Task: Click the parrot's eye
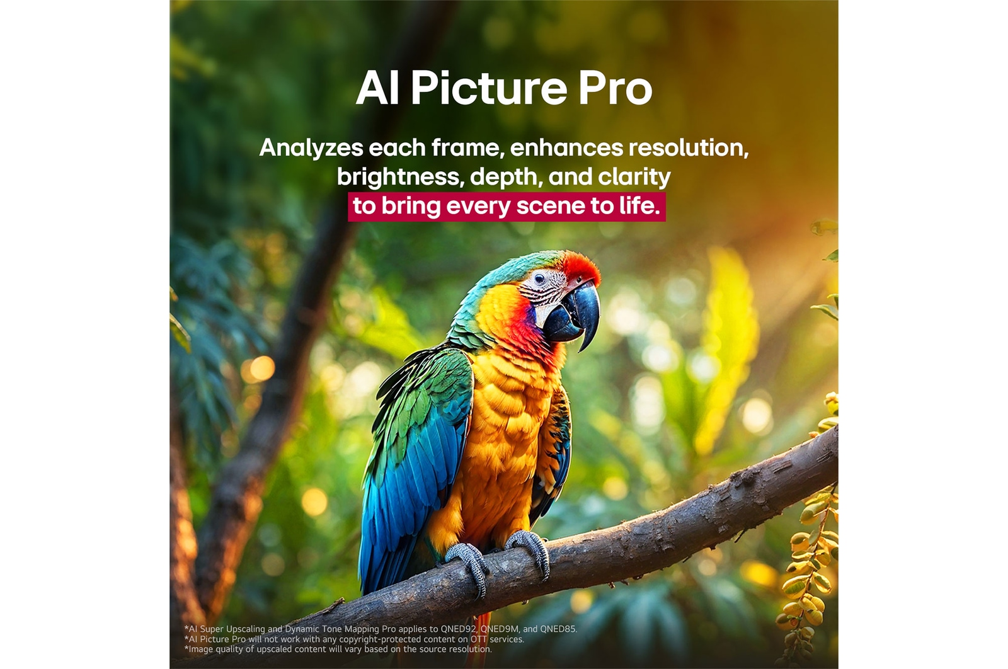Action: pos(539,277)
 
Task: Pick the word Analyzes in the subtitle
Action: pos(311,148)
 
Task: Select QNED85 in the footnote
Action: pos(558,629)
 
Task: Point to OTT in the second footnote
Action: pos(478,639)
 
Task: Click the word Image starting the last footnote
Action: pos(201,649)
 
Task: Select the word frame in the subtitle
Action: pos(466,148)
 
